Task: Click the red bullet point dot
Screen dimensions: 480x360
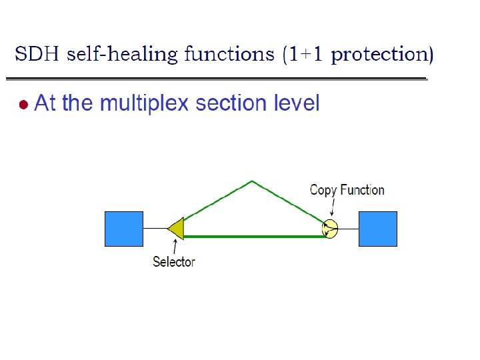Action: tap(23, 105)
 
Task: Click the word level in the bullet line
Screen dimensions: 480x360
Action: tap(297, 104)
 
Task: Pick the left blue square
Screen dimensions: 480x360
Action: tap(124, 229)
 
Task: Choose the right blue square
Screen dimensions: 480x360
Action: tap(378, 229)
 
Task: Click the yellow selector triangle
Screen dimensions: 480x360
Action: tap(177, 229)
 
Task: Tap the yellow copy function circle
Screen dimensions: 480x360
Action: tap(330, 229)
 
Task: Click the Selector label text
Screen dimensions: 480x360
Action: tap(174, 262)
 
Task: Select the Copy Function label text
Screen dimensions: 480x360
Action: tap(347, 190)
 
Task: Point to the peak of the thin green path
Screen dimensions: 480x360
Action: tap(252, 181)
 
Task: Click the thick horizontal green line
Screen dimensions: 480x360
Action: tap(253, 236)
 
